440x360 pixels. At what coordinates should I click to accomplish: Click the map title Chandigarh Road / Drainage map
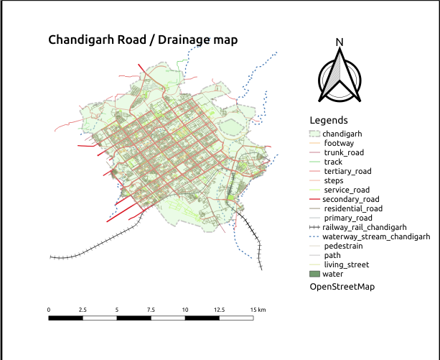tap(142, 40)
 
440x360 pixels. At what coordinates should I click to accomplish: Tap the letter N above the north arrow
tap(340, 42)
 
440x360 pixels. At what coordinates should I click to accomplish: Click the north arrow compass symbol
tap(340, 78)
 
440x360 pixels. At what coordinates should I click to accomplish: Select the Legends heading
tap(329, 120)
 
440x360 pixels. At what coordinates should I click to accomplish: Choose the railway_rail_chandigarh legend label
tap(365, 227)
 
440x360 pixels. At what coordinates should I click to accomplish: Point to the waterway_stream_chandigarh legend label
tap(375, 236)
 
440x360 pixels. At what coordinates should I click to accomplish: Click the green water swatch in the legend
tap(314, 274)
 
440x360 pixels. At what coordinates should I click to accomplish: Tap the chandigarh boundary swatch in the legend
tap(314, 134)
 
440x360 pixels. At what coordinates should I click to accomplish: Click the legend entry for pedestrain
tap(346, 246)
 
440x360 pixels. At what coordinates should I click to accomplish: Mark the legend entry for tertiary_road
tap(347, 171)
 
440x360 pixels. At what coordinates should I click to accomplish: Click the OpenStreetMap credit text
tap(342, 287)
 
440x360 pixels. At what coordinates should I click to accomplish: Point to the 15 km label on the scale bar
tap(258, 309)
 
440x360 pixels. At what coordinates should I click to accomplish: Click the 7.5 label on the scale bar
tap(151, 309)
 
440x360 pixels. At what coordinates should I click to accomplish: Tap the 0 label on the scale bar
tap(49, 309)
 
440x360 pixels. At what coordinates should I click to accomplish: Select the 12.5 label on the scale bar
tap(219, 309)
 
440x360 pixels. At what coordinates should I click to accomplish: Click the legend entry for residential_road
tap(354, 208)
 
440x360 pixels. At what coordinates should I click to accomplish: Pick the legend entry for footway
tap(339, 143)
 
